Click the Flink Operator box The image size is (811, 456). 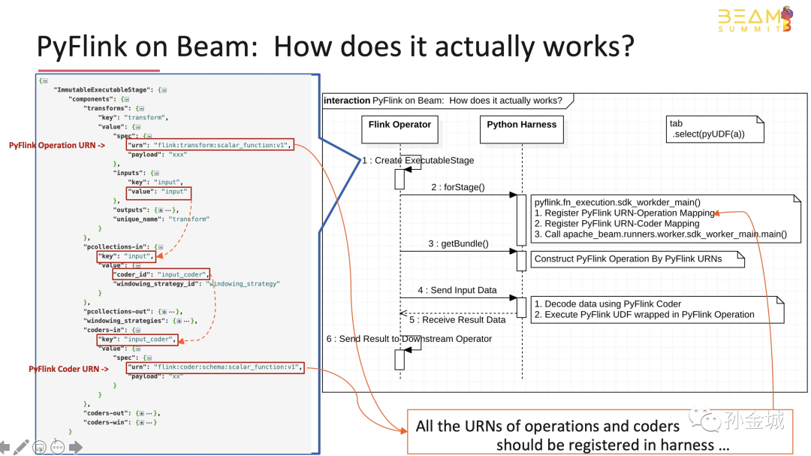399,125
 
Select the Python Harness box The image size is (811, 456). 521,125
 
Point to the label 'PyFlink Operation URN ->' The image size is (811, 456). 56,145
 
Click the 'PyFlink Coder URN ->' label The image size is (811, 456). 68,369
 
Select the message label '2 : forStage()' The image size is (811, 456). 458,187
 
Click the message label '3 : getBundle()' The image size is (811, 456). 458,243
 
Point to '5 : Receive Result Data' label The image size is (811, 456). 457,319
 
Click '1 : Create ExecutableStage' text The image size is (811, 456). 418,160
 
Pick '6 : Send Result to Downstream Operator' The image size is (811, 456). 409,339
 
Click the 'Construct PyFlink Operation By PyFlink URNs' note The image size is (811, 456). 628,259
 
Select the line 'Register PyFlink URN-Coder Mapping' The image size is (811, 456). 617,223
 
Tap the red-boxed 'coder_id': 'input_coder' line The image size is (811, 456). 162,274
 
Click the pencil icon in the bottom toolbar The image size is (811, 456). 21,446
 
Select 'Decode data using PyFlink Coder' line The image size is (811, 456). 607,303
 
